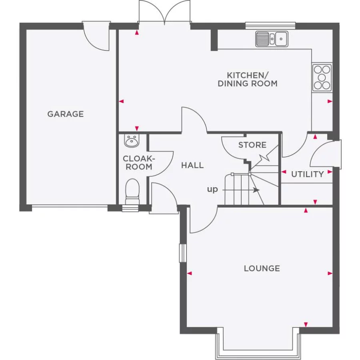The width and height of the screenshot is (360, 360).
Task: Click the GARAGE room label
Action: click(x=66, y=114)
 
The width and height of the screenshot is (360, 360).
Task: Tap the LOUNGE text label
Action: click(x=262, y=268)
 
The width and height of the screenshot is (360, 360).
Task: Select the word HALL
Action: click(x=192, y=165)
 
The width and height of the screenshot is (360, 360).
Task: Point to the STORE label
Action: click(x=252, y=145)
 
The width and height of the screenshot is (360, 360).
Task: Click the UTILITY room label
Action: click(x=308, y=174)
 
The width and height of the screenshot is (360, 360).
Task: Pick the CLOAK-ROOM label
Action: click(x=139, y=162)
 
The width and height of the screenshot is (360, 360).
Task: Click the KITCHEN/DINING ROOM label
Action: click(x=248, y=80)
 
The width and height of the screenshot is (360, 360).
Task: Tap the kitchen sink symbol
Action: click(x=272, y=39)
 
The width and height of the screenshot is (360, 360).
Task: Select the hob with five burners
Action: click(x=322, y=77)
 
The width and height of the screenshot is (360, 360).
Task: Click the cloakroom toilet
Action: click(x=132, y=192)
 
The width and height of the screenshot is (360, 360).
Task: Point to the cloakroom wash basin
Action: click(x=132, y=140)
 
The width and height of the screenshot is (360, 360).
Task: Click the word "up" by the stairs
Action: click(x=212, y=190)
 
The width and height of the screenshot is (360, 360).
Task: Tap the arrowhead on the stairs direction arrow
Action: click(x=257, y=190)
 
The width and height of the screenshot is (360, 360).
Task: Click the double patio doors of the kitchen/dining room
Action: click(x=164, y=13)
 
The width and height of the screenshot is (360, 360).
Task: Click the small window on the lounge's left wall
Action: click(x=183, y=253)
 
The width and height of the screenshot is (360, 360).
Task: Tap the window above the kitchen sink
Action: click(x=270, y=26)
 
